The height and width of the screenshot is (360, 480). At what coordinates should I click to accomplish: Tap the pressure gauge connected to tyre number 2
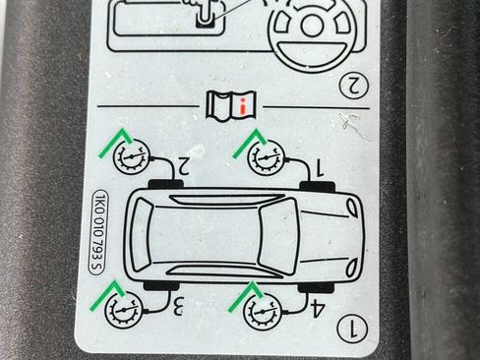pyautogui.click(x=132, y=157)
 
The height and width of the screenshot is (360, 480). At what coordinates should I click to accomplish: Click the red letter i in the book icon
pyautogui.click(x=243, y=107)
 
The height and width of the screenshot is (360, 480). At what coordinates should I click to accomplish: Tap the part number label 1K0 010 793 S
pyautogui.click(x=98, y=232)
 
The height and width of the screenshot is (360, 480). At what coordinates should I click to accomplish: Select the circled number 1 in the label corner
pyautogui.click(x=352, y=328)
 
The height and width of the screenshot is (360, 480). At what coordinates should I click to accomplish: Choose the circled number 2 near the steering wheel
pyautogui.click(x=354, y=86)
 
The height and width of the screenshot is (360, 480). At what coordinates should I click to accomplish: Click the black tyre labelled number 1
pyautogui.click(x=318, y=186)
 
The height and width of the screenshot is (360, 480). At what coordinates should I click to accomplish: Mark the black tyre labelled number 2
pyautogui.click(x=165, y=184)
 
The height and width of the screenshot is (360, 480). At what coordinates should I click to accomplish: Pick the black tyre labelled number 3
pyautogui.click(x=162, y=285)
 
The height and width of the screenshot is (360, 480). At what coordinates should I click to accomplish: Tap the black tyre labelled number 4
pyautogui.click(x=316, y=287)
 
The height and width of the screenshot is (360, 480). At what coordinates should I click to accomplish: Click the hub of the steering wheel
pyautogui.click(x=312, y=26)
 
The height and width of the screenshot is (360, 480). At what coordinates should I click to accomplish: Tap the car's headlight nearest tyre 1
pyautogui.click(x=352, y=208)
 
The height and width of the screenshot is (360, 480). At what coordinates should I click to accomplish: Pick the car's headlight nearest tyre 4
pyautogui.click(x=351, y=268)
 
